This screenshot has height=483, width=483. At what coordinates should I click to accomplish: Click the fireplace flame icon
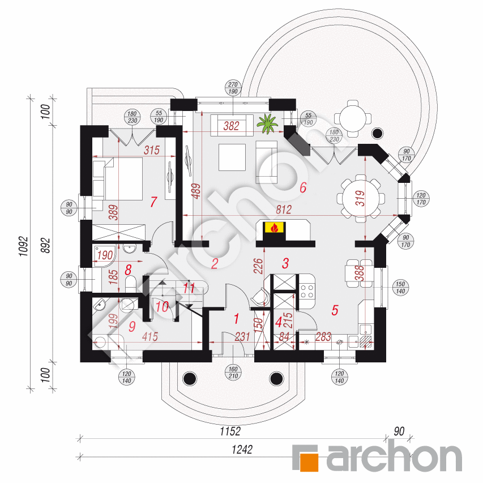274,228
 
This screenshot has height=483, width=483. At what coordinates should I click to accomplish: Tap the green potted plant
267,123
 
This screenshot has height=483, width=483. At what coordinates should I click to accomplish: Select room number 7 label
153,202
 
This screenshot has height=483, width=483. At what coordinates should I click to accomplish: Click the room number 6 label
303,187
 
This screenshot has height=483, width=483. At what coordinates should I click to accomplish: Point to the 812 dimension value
284,210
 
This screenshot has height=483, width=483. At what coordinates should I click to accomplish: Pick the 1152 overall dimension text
230,431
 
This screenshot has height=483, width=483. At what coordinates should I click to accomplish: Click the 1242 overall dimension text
242,450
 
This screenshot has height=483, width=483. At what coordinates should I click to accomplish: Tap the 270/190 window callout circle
233,88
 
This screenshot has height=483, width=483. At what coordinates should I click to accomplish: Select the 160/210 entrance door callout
233,373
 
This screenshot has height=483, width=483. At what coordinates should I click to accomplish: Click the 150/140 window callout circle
400,288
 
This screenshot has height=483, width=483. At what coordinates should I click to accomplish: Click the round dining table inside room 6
361,198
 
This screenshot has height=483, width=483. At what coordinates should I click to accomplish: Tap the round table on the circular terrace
353,118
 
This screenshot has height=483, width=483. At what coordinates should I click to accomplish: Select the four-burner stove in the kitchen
306,291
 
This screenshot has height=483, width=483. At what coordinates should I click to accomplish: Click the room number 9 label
132,326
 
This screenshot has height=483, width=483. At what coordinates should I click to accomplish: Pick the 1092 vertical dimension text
23,247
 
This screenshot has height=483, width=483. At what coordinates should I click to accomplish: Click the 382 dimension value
232,126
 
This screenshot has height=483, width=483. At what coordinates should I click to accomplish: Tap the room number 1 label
237,319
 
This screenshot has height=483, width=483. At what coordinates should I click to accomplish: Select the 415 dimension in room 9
150,337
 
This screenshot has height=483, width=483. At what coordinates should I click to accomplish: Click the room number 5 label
335,310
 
